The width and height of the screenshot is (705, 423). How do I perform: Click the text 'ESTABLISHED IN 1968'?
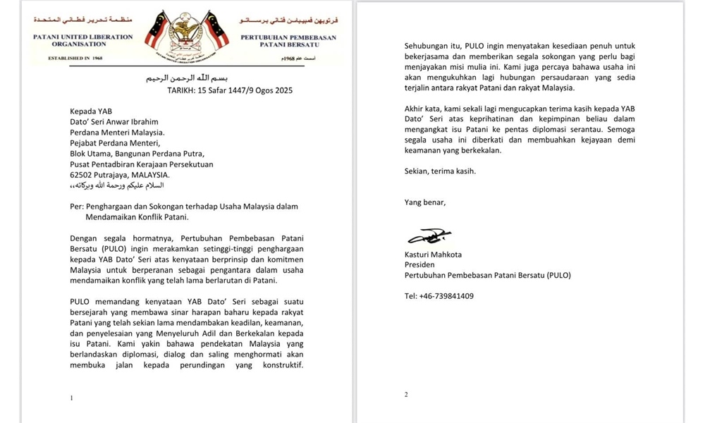click(x=75, y=58)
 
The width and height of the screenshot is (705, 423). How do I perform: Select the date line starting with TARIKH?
click(x=229, y=91)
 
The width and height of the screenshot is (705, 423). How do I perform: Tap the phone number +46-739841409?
click(x=446, y=296)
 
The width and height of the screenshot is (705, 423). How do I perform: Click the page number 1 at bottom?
click(x=71, y=398)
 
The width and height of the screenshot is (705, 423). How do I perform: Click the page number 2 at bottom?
click(x=406, y=395)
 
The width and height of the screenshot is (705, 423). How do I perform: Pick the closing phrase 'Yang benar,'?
click(x=425, y=202)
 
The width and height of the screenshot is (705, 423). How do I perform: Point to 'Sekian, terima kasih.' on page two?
click(x=440, y=171)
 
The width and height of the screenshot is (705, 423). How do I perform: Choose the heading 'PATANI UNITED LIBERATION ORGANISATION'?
click(x=82, y=40)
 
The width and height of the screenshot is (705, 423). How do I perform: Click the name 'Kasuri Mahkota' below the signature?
click(x=433, y=255)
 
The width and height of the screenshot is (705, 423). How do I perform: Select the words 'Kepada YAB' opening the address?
click(x=91, y=111)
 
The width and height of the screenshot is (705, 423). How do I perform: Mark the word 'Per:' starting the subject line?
click(x=77, y=207)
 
